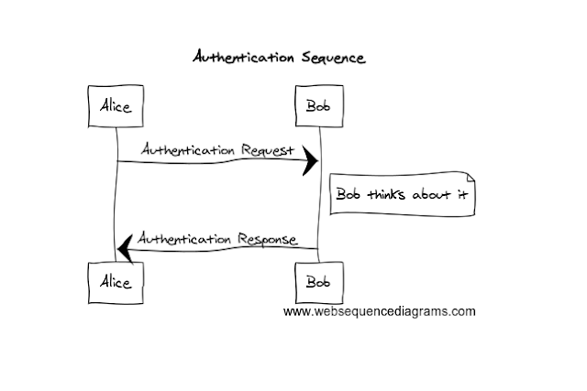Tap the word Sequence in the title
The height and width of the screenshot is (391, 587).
(333, 58)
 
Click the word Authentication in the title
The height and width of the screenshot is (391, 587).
(243, 58)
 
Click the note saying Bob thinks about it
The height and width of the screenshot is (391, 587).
(401, 195)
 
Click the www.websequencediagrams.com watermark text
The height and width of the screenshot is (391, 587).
(379, 311)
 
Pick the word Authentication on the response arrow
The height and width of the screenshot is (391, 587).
(184, 239)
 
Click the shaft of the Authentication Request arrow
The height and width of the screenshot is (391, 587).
(211, 162)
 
